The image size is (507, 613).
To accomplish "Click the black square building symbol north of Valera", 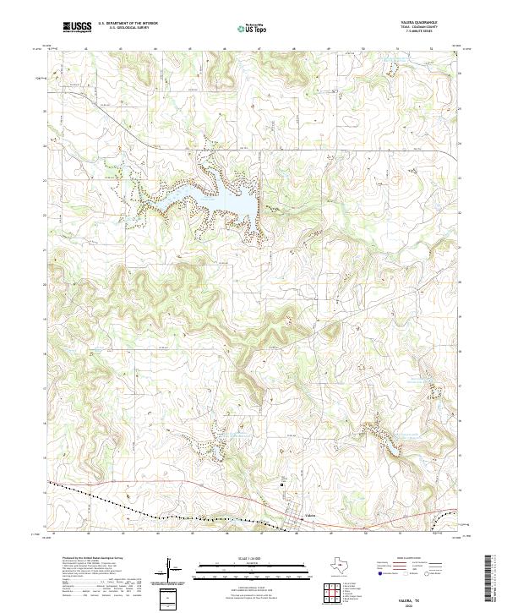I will coord(283,484).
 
